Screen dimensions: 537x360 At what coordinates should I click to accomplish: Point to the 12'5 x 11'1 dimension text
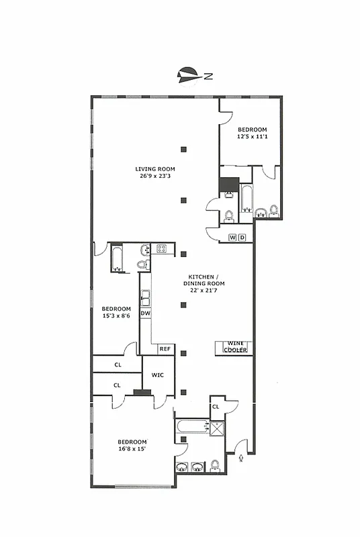coord(253,137)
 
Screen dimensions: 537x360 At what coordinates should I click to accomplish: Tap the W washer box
coord(233,237)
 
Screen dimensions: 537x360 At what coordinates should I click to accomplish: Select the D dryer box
coord(242,237)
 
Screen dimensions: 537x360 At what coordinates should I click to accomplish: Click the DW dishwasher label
coord(145,313)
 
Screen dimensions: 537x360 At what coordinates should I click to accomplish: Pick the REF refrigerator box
coord(165,349)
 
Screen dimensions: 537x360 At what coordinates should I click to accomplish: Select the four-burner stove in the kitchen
coord(161,249)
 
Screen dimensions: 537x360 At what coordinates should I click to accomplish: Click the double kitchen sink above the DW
coord(145,296)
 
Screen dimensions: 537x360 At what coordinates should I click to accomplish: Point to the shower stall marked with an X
coord(216,428)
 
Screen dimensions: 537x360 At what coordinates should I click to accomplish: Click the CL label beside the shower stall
coord(216,406)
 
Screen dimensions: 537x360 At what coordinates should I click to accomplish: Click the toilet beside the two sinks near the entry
coord(214,465)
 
